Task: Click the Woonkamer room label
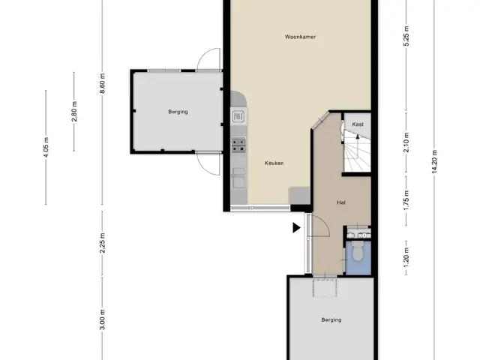300,37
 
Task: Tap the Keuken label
274,163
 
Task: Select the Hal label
341,202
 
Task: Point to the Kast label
358,124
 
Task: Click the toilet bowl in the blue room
357,251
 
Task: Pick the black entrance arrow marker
296,228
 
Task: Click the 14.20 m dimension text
434,162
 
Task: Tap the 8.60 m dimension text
102,83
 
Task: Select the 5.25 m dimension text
406,36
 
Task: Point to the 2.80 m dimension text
74,111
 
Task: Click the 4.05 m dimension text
46,147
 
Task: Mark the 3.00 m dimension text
102,319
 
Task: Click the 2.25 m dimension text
102,243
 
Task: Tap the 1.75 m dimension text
406,200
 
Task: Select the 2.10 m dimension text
406,142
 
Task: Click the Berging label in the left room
178,112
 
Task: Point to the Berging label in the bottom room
331,320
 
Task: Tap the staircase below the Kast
357,151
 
